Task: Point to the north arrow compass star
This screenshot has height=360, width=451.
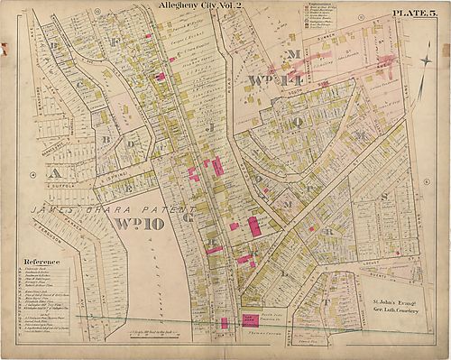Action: click(x=424, y=61)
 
